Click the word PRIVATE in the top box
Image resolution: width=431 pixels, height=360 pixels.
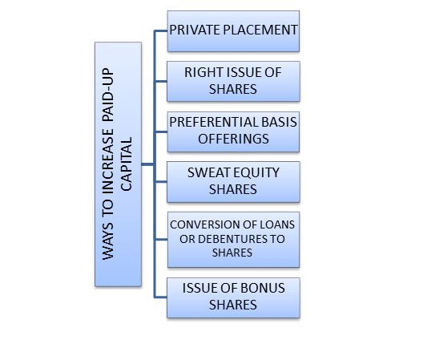tap(195, 30)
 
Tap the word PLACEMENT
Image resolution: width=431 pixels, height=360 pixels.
tap(260, 30)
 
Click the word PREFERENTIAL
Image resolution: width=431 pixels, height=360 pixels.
tap(214, 122)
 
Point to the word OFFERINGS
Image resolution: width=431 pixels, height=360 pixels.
tap(233, 139)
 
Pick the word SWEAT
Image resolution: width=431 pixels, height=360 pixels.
tap(207, 172)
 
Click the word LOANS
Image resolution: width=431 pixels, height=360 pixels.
tap(277, 224)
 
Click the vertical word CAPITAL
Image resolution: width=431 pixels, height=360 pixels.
tap(127, 164)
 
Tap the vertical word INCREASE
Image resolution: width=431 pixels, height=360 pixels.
tap(107, 162)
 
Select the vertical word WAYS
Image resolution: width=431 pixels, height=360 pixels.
tap(107, 241)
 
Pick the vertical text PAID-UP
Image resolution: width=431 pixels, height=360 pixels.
tap(107, 95)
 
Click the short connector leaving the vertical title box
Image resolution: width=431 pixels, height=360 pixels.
tap(148, 164)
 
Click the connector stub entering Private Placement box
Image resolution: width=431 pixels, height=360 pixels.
tap(161, 31)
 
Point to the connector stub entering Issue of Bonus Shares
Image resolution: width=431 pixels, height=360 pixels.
tap(161, 297)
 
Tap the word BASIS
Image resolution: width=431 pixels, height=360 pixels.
tap(280, 122)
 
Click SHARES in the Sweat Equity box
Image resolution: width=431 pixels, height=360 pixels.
tap(233, 189)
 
